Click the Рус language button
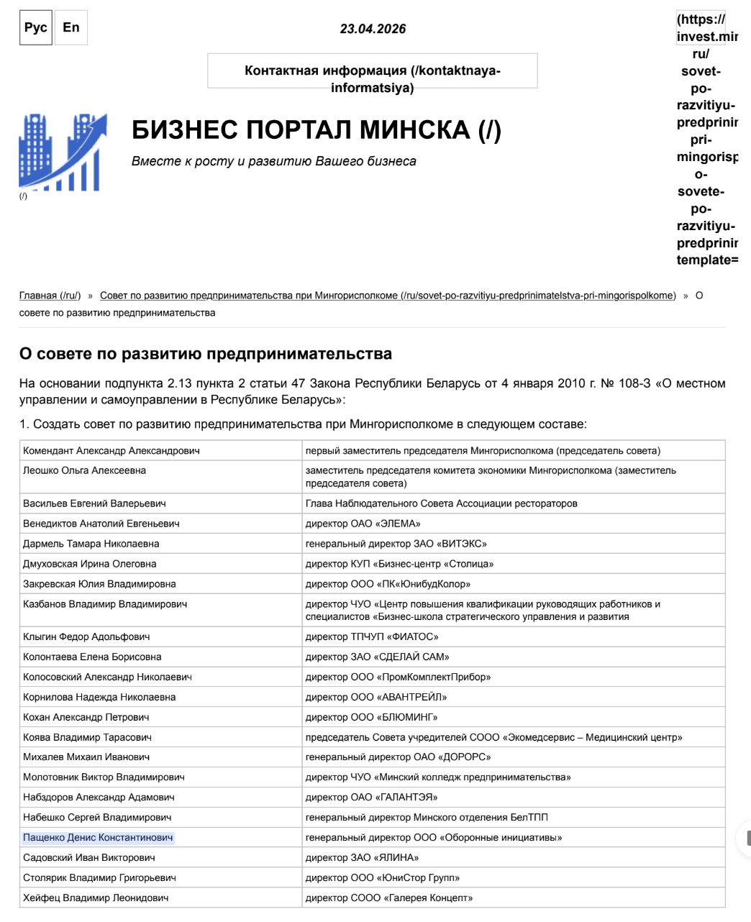[35, 28]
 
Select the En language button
[71, 28]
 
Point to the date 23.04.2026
[373, 29]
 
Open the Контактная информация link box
[372, 70]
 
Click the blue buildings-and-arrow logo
[63, 152]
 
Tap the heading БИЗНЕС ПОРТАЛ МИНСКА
[316, 130]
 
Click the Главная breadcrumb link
[50, 296]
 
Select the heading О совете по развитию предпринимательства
[206, 354]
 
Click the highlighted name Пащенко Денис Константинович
[98, 837]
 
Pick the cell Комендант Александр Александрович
[111, 451]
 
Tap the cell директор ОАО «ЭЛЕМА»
[363, 524]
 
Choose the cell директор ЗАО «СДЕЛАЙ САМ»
[377, 657]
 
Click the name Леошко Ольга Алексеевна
[84, 470]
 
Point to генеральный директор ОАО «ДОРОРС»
[398, 757]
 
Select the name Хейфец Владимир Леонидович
[96, 898]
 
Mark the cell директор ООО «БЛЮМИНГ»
[371, 717]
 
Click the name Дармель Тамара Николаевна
[91, 544]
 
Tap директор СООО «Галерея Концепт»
[389, 898]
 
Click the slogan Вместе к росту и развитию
[273, 161]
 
